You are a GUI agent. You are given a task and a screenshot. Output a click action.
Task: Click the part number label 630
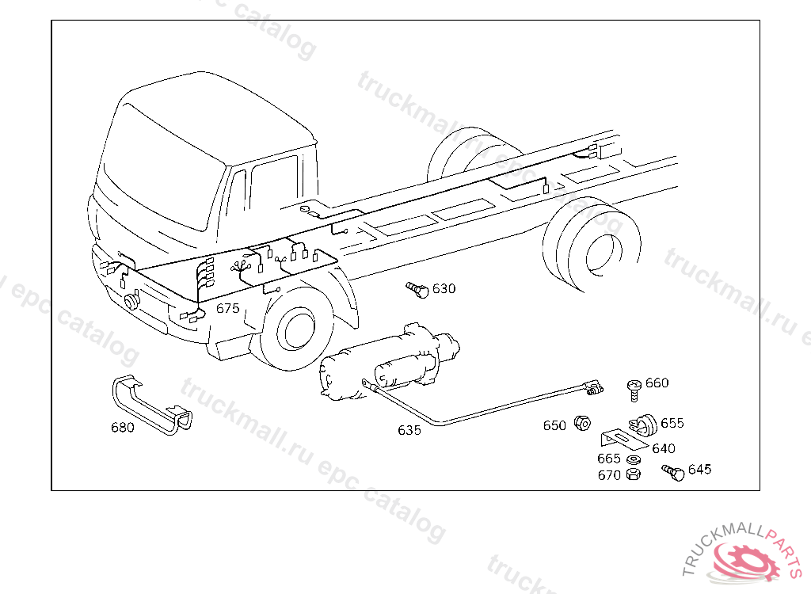tap(444, 288)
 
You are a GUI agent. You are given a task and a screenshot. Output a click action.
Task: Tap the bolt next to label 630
tap(417, 290)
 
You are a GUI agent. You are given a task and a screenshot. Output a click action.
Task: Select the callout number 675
tap(228, 308)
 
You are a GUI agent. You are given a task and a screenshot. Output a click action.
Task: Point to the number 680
tap(123, 428)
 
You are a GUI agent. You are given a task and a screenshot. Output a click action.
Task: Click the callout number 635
tap(409, 430)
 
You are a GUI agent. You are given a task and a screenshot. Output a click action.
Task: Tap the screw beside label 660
tap(634, 390)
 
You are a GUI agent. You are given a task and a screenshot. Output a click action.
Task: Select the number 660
tap(657, 383)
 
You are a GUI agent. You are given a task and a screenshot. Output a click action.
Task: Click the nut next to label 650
tap(582, 423)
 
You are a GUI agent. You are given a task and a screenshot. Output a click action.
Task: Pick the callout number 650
tap(554, 425)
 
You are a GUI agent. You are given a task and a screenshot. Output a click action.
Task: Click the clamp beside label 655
tap(643, 425)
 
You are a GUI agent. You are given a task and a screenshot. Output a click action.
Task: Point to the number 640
tap(664, 448)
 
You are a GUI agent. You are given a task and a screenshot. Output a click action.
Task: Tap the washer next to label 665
tap(634, 459)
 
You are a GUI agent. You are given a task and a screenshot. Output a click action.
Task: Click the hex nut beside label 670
tap(633, 474)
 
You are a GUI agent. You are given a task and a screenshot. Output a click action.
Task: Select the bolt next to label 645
tap(673, 472)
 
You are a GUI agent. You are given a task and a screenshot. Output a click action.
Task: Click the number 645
tap(700, 470)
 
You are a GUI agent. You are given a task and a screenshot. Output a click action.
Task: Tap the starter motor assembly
tap(390, 362)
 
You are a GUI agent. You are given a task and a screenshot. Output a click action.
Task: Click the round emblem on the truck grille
tap(132, 301)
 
